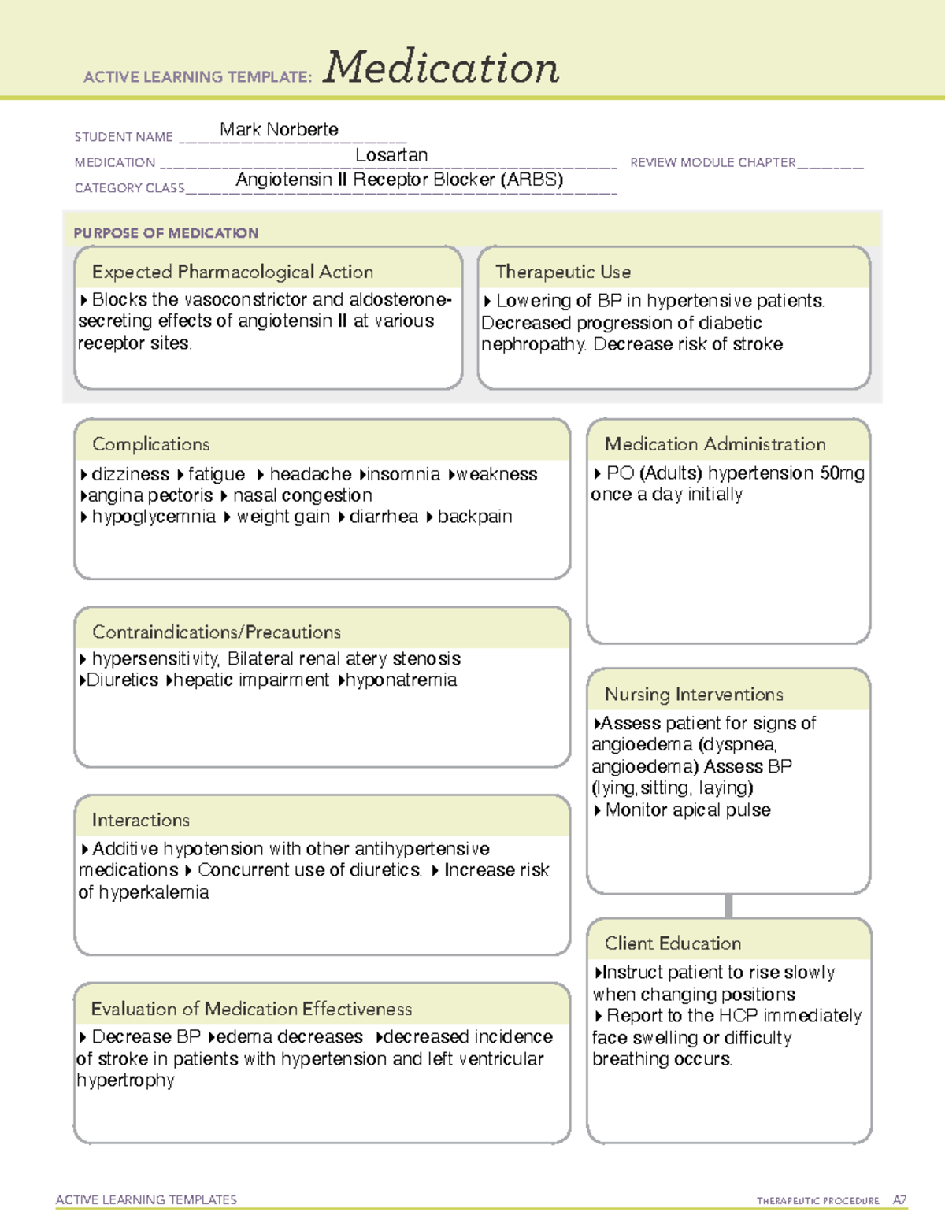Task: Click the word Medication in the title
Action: pyautogui.click(x=441, y=68)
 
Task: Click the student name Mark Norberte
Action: pyautogui.click(x=279, y=129)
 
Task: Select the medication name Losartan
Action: pyautogui.click(x=391, y=155)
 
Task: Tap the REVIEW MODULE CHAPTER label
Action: pyautogui.click(x=713, y=162)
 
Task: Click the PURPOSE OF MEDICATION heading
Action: pyautogui.click(x=165, y=233)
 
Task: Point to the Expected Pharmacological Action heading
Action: pyautogui.click(x=232, y=272)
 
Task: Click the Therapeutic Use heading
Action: pyautogui.click(x=562, y=272)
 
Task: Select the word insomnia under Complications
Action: pyautogui.click(x=403, y=474)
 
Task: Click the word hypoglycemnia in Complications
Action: pyautogui.click(x=153, y=517)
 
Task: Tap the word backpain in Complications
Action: pyautogui.click(x=475, y=517)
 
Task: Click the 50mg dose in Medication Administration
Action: pyautogui.click(x=842, y=473)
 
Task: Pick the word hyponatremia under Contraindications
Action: pyautogui.click(x=401, y=680)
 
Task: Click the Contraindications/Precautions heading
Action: pyautogui.click(x=216, y=632)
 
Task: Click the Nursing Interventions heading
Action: pyautogui.click(x=693, y=694)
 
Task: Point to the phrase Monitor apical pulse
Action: pyautogui.click(x=687, y=810)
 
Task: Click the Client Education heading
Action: pyautogui.click(x=673, y=943)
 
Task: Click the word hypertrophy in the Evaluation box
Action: pyautogui.click(x=125, y=1080)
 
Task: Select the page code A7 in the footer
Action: pyautogui.click(x=899, y=1200)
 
